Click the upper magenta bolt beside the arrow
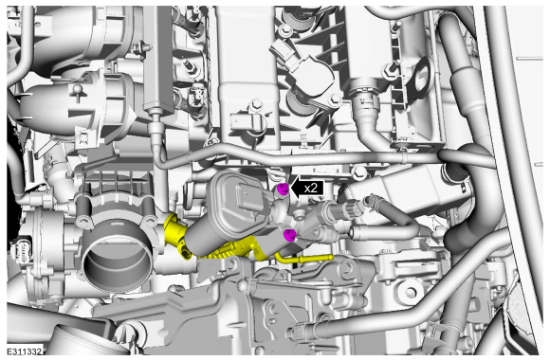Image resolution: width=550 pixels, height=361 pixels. pos(283,190)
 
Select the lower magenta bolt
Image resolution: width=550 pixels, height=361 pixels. pos(290,234)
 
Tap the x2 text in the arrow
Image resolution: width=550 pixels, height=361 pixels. pos(311,189)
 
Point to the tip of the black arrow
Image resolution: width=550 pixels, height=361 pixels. pos(290,189)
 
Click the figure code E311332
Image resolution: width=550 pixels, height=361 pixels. pos(25,352)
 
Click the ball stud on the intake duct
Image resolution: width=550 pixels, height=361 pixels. pos(77,92)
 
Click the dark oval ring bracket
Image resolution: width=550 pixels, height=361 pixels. pos(420,76)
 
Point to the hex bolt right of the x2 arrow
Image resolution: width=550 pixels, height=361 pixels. pos(357,172)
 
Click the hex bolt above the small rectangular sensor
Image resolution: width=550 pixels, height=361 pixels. pos(256,105)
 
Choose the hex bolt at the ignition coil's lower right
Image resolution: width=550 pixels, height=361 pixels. pos(335,99)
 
